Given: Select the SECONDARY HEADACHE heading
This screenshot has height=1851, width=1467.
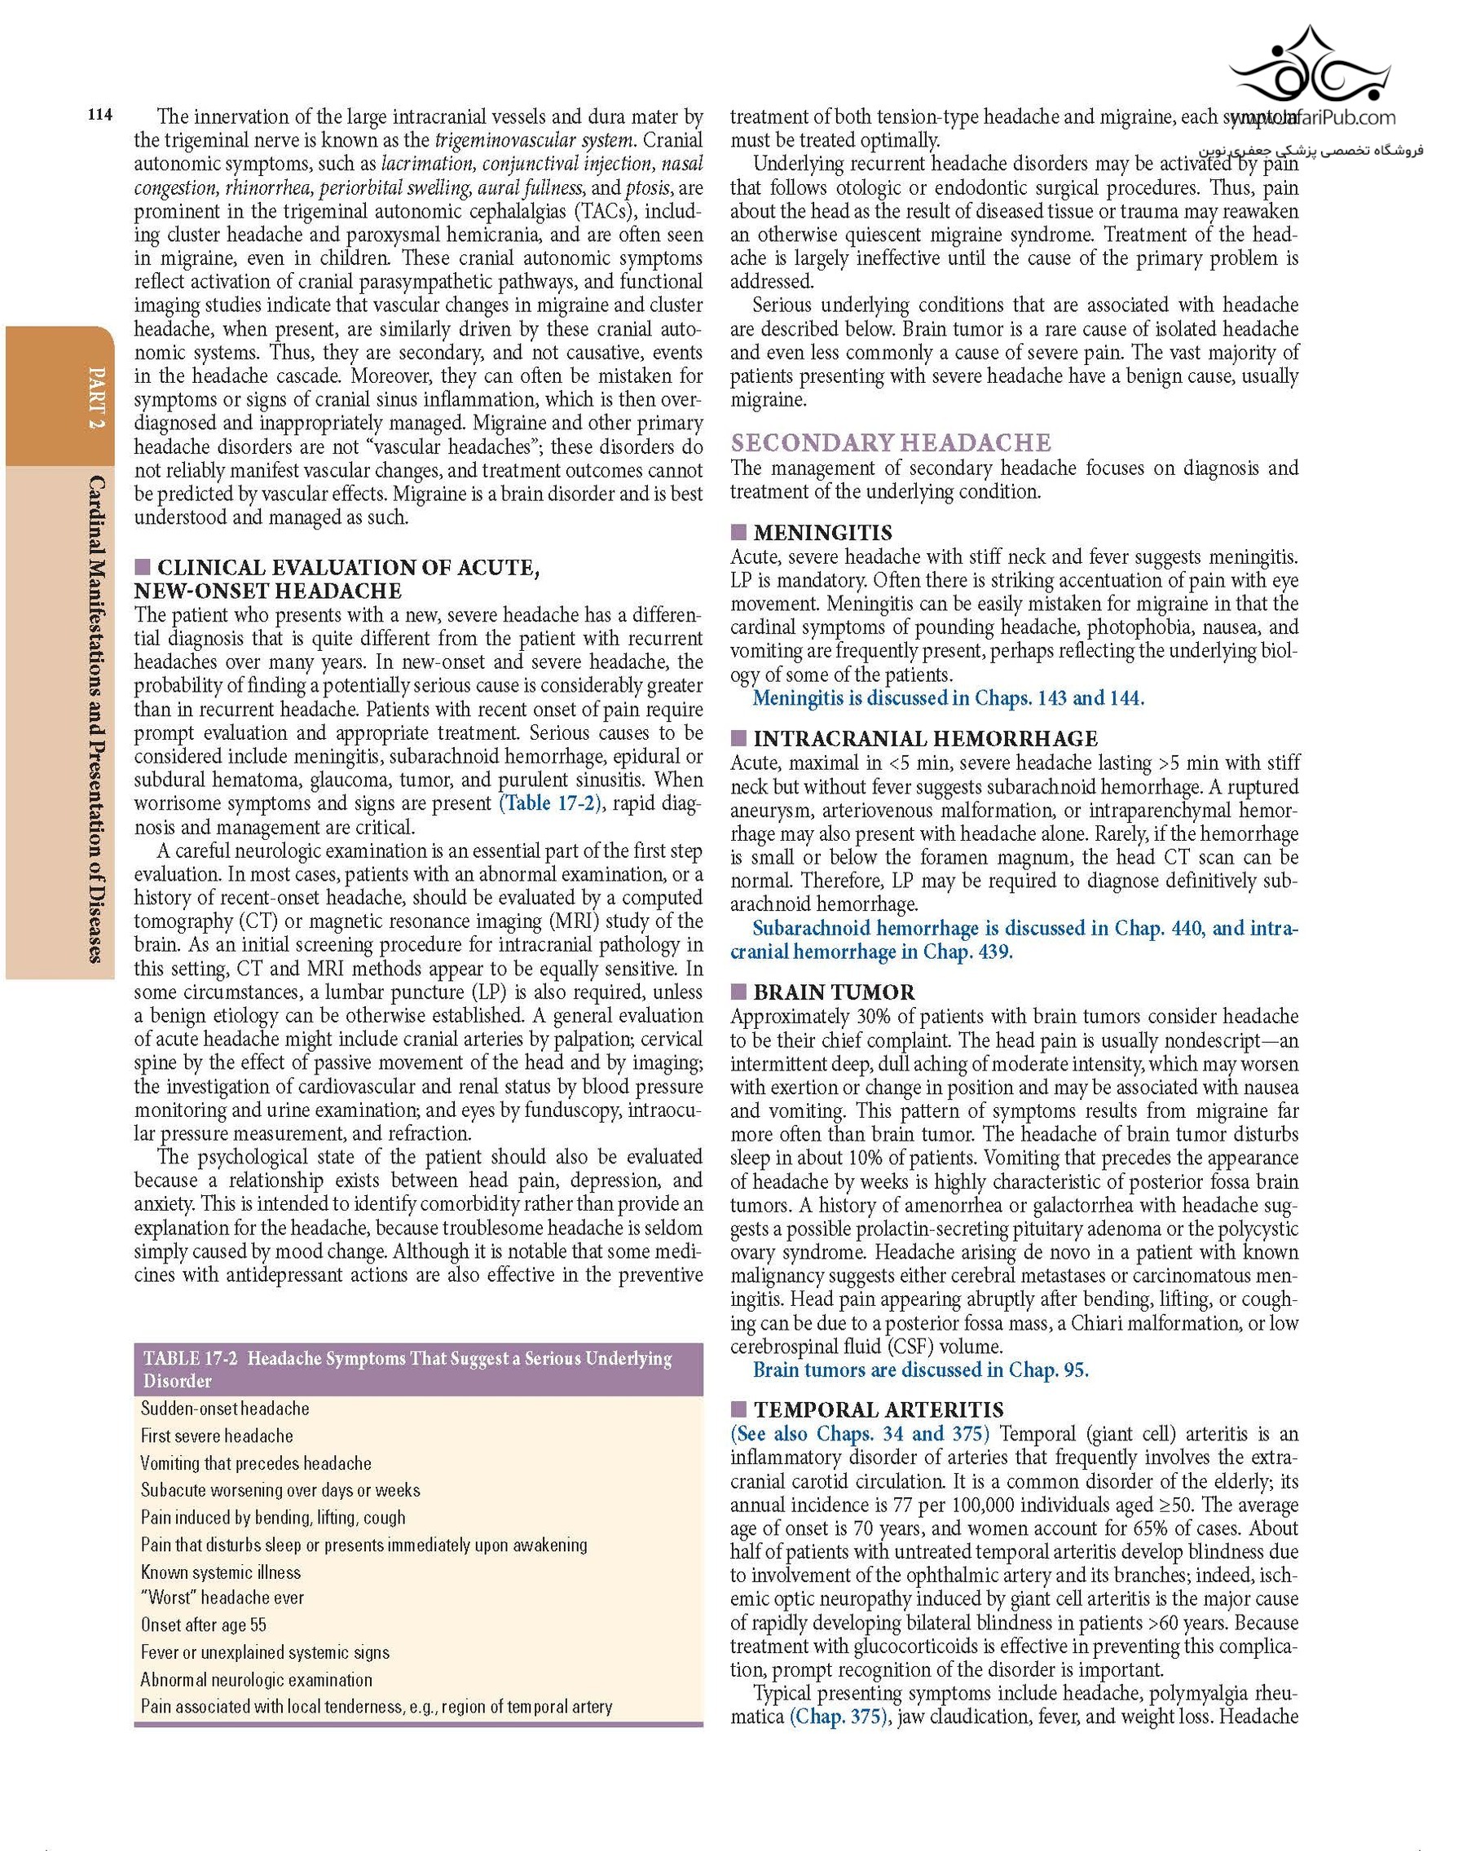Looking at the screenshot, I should tap(891, 443).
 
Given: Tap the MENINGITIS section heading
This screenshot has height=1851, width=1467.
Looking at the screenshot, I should tap(822, 533).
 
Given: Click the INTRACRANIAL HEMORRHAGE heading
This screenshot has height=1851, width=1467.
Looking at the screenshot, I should tap(925, 739).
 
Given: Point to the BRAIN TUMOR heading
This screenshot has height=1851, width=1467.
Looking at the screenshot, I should tap(833, 992).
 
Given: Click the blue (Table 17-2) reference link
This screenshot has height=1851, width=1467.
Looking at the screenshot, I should tap(549, 804).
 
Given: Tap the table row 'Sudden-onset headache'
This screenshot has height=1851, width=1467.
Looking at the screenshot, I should tap(225, 1409).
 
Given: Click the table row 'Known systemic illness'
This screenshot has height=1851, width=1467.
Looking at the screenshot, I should tap(221, 1572).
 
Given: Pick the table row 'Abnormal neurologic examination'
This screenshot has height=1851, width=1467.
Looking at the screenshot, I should tap(256, 1679).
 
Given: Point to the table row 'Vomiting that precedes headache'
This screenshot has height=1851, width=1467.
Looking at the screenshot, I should tap(256, 1463).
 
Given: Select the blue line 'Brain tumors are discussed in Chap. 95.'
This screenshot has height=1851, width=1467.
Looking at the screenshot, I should tap(920, 1370).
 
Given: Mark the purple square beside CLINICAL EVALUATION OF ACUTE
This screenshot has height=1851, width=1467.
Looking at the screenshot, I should tap(143, 567).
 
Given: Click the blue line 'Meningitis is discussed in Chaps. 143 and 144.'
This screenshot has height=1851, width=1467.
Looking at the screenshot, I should tap(947, 698).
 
